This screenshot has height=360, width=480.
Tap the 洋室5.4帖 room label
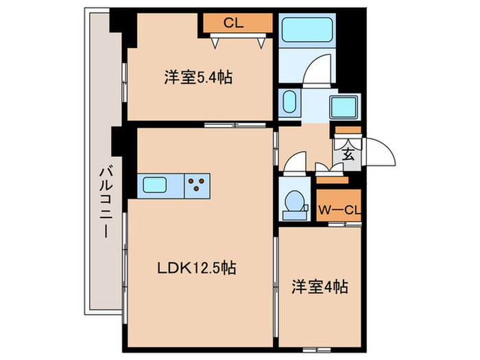[x=197, y=77]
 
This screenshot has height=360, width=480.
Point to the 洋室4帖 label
[x=317, y=287]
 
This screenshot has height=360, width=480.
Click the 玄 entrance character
[x=348, y=155]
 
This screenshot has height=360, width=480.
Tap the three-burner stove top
[x=197, y=184]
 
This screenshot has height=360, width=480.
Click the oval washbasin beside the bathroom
[x=289, y=104]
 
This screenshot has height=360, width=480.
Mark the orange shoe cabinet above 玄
[x=348, y=130]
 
